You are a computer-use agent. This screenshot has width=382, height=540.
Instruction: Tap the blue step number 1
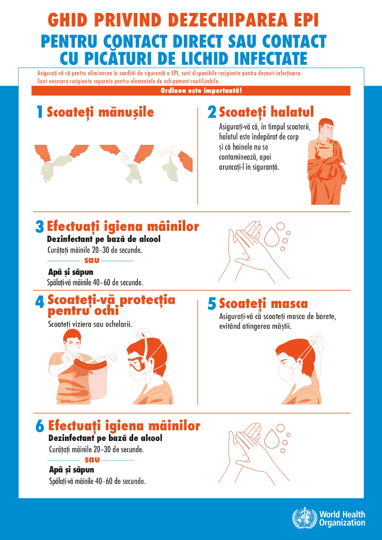tap(39, 112)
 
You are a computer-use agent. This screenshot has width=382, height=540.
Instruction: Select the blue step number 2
tap(212, 112)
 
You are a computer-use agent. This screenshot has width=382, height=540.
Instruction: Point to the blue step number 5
tap(212, 304)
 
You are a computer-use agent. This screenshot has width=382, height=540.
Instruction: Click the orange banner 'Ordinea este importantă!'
tap(190, 91)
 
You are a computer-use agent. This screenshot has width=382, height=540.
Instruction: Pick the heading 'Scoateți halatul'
tap(266, 111)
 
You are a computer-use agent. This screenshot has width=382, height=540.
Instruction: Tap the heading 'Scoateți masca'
tap(263, 303)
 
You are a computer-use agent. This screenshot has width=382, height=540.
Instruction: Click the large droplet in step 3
tap(271, 237)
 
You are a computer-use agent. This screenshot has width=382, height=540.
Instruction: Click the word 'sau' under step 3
tap(91, 260)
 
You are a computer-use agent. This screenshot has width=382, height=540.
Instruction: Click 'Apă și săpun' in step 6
tap(71, 470)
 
